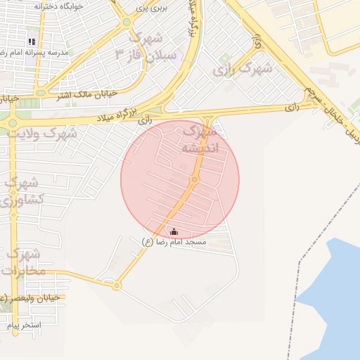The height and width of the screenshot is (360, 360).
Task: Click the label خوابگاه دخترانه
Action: point(58,6)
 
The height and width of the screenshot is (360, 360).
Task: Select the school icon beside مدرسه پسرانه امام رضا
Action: point(32,41)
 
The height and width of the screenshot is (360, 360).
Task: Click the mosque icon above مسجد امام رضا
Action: point(174,231)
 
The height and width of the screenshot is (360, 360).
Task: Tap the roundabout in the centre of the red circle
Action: point(194,180)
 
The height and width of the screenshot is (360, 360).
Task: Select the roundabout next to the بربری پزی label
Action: point(127,22)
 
